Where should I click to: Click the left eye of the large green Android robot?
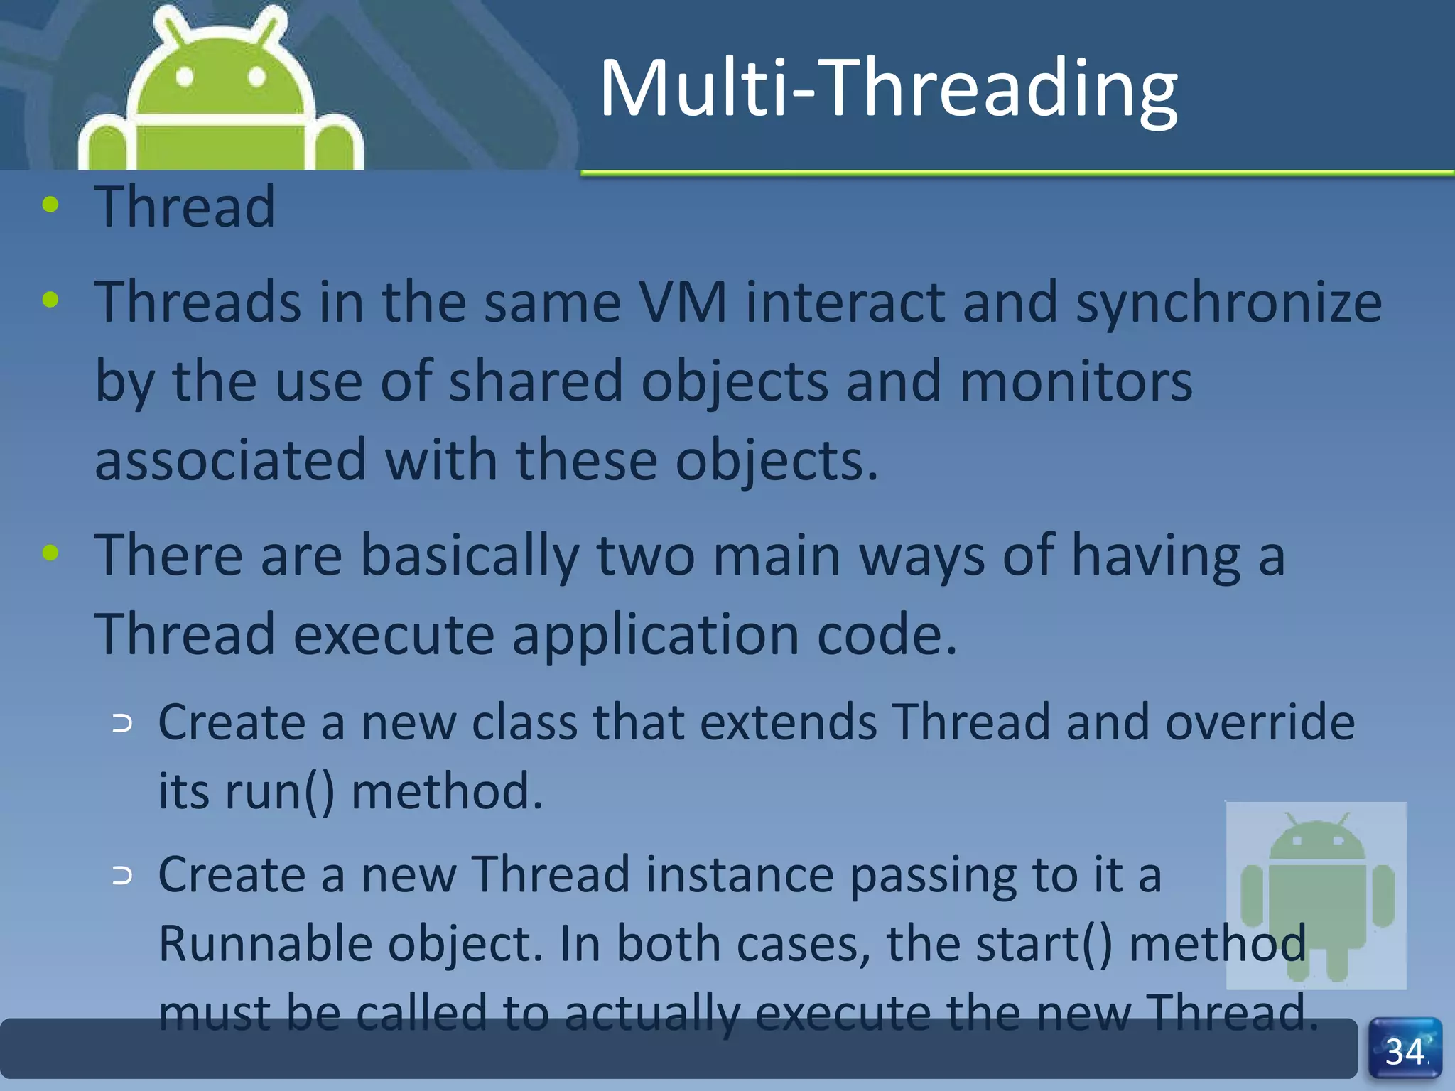(x=185, y=76)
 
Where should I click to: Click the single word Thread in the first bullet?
(x=185, y=207)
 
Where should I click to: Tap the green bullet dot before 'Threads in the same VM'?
(x=50, y=300)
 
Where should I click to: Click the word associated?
(x=231, y=461)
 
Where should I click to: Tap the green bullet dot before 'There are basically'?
(x=50, y=553)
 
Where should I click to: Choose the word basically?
(x=470, y=556)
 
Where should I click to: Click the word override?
(x=1260, y=722)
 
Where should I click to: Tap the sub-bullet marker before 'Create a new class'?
(x=123, y=724)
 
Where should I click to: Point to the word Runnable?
(x=264, y=944)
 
